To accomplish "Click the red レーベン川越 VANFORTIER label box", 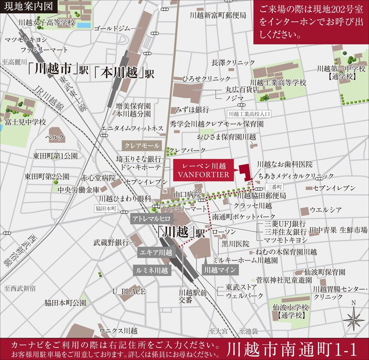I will click(203, 170).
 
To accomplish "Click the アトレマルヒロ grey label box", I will click(151, 219).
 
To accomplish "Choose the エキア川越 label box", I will click(155, 252).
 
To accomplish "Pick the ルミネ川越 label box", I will click(152, 270).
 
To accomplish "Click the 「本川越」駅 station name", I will click(124, 72).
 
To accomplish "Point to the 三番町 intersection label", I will click(273, 187).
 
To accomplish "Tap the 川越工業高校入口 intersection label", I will click(249, 113).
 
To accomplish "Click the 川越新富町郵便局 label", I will click(218, 15).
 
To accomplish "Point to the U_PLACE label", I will click(129, 291).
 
